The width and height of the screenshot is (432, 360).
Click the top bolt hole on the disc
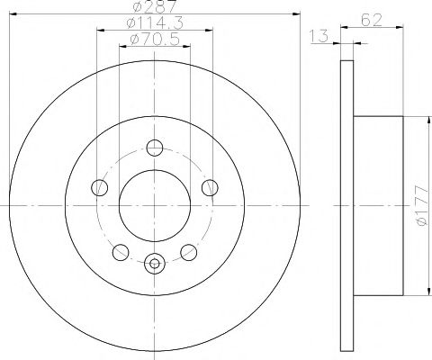point(155,148)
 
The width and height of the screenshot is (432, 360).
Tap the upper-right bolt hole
point(211,187)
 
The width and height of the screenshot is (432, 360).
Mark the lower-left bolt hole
point(121,252)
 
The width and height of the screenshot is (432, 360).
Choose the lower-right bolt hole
point(189,252)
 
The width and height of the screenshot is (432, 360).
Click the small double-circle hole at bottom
point(155,264)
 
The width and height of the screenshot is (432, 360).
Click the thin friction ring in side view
point(346,207)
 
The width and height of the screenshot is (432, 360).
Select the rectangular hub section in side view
point(378,207)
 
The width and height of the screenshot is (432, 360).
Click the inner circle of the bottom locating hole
point(155,264)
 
